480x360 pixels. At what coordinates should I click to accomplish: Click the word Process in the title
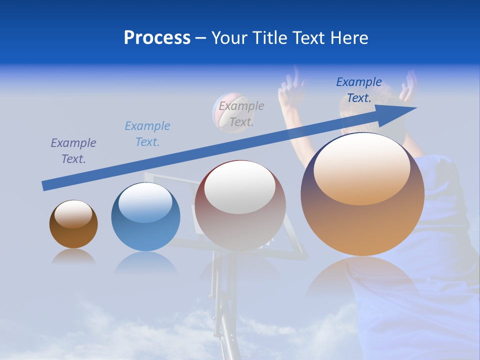point(157,38)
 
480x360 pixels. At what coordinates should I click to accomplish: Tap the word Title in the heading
point(268,38)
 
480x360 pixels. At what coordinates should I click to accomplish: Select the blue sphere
point(145,235)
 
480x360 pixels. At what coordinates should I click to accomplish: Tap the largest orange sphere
point(362,225)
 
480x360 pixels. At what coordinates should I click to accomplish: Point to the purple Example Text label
point(73,150)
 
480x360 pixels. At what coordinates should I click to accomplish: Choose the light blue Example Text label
point(147,133)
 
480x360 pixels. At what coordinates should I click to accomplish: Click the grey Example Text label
point(241,113)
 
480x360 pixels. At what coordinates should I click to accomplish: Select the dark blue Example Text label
point(359,89)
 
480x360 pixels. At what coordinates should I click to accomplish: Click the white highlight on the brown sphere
point(73,213)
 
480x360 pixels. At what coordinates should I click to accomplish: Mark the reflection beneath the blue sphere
point(145,262)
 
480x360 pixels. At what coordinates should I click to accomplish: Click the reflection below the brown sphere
point(73,256)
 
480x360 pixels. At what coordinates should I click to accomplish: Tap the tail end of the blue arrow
point(46,185)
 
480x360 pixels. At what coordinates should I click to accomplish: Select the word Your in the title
point(230,38)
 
